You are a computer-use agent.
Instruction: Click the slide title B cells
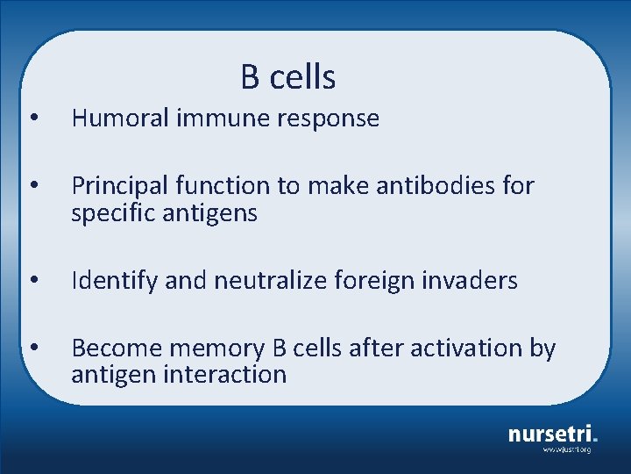288,77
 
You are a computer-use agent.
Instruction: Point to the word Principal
119,186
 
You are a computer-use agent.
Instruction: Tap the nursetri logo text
551,433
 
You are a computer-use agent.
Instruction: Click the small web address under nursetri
566,449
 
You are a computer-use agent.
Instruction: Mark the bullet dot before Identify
32,282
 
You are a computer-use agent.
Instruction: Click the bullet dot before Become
32,349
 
